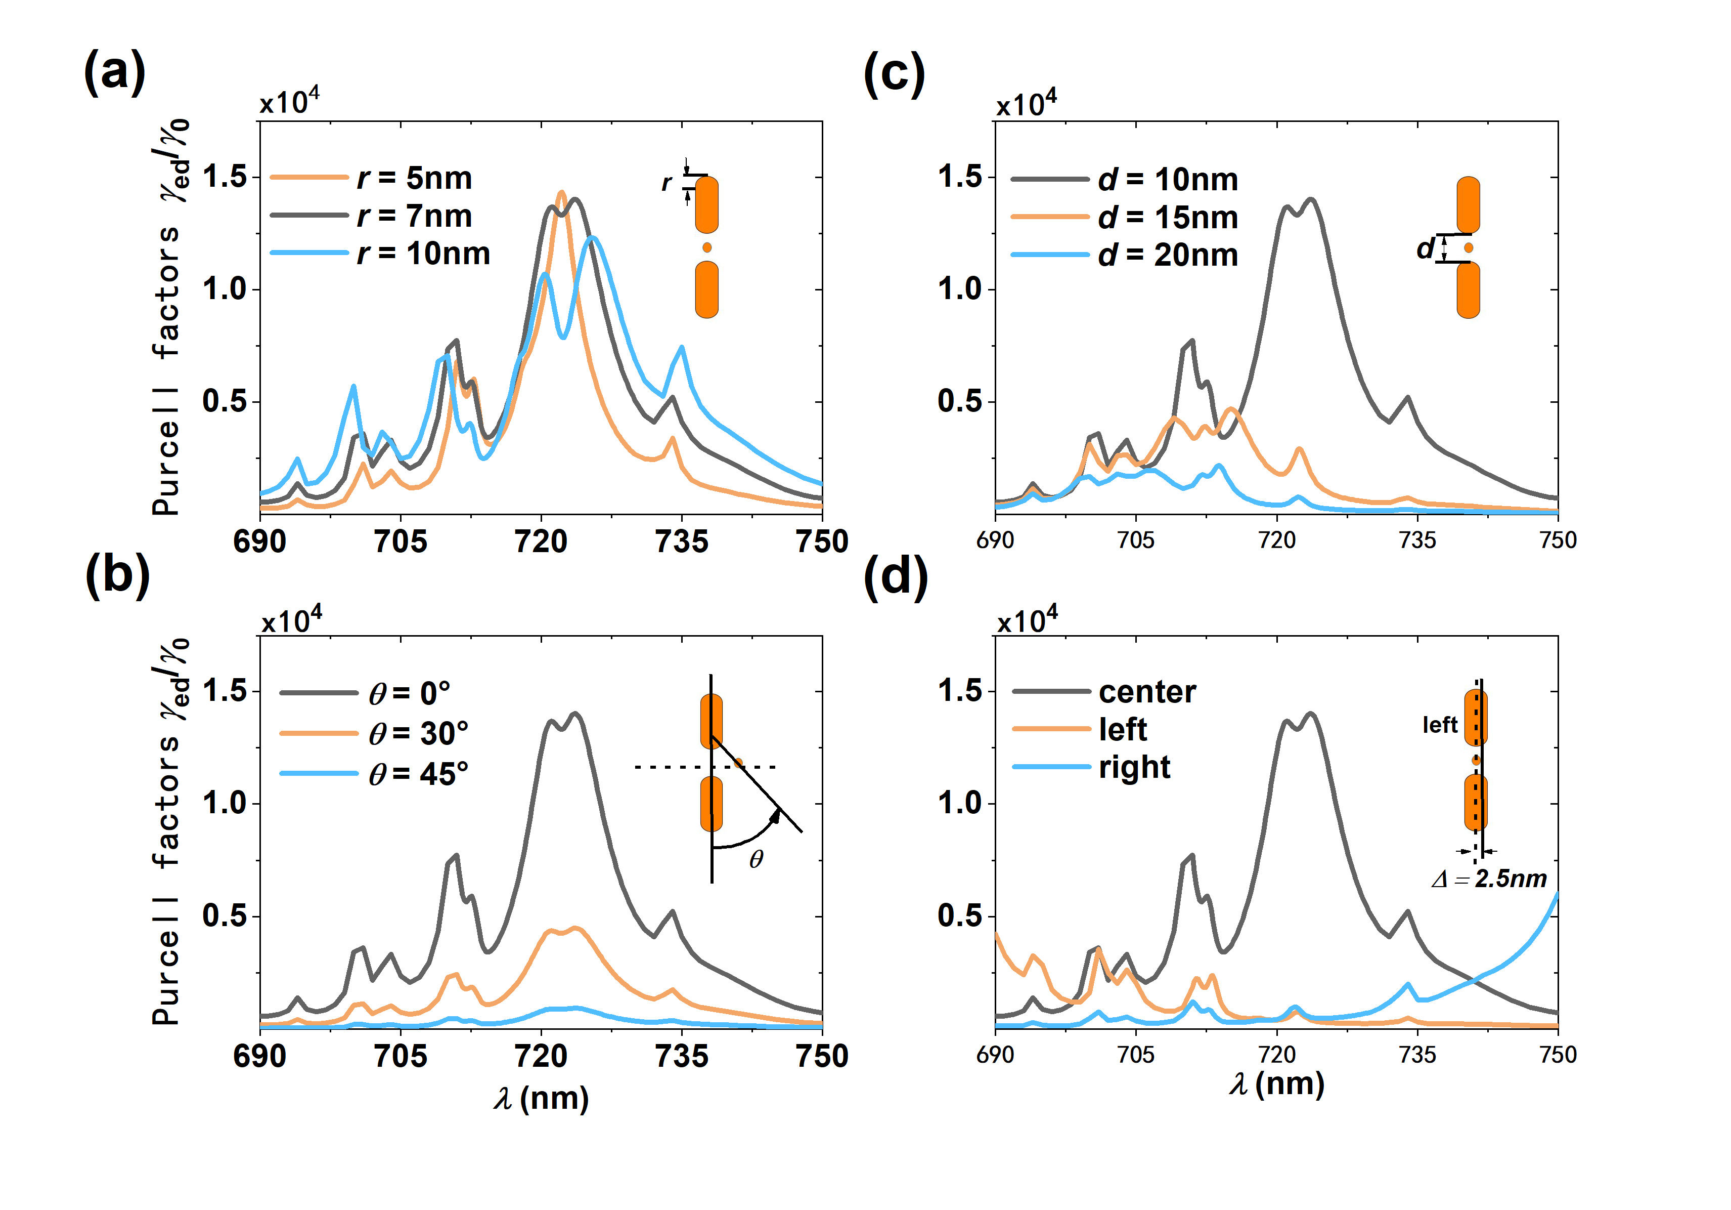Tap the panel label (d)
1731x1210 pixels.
pyautogui.click(x=895, y=578)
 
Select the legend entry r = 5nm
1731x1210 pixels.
pyautogui.click(x=414, y=178)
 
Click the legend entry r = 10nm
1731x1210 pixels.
pyautogui.click(x=423, y=254)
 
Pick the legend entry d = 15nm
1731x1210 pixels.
pyautogui.click(x=1167, y=217)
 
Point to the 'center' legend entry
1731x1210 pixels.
pyautogui.click(x=1147, y=692)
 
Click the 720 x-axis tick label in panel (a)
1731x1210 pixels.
pyautogui.click(x=541, y=541)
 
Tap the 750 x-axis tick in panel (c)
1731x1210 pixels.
pyautogui.click(x=1558, y=540)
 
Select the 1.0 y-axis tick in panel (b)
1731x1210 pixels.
pyautogui.click(x=225, y=803)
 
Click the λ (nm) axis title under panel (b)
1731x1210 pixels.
pyautogui.click(x=541, y=1098)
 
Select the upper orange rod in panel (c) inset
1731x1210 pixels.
pyautogui.click(x=1468, y=204)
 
